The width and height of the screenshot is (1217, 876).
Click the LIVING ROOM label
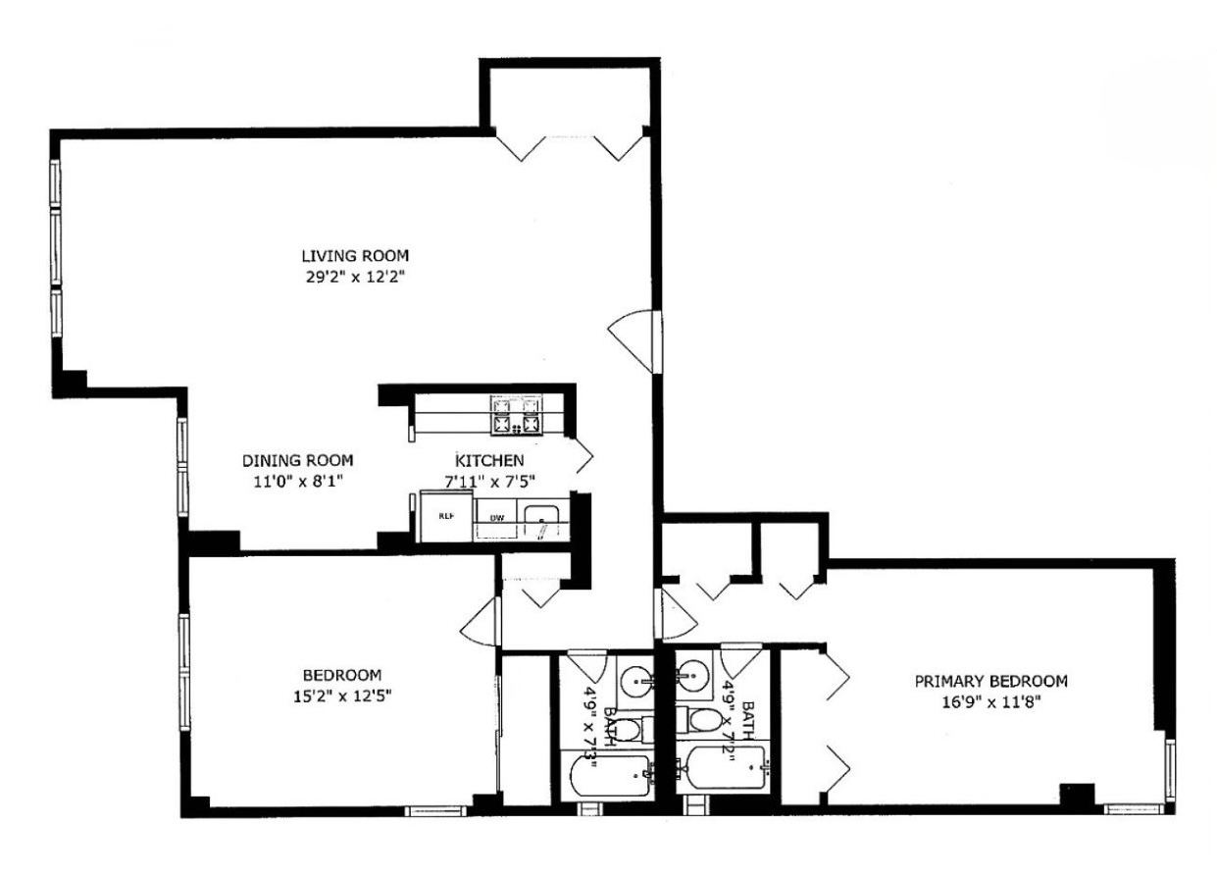pyautogui.click(x=354, y=255)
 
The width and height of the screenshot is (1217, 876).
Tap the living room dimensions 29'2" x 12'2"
pyautogui.click(x=354, y=277)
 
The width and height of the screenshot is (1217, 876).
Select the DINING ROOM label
pyautogui.click(x=297, y=460)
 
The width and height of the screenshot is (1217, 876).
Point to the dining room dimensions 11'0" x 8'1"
pyautogui.click(x=297, y=481)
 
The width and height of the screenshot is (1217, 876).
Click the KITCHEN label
pyautogui.click(x=489, y=460)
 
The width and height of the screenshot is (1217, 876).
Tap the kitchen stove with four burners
pyautogui.click(x=517, y=415)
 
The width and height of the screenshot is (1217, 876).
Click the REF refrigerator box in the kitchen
pyautogui.click(x=444, y=515)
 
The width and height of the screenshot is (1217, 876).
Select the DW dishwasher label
pyautogui.click(x=497, y=516)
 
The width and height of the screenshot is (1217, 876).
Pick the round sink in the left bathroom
pyautogui.click(x=637, y=676)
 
